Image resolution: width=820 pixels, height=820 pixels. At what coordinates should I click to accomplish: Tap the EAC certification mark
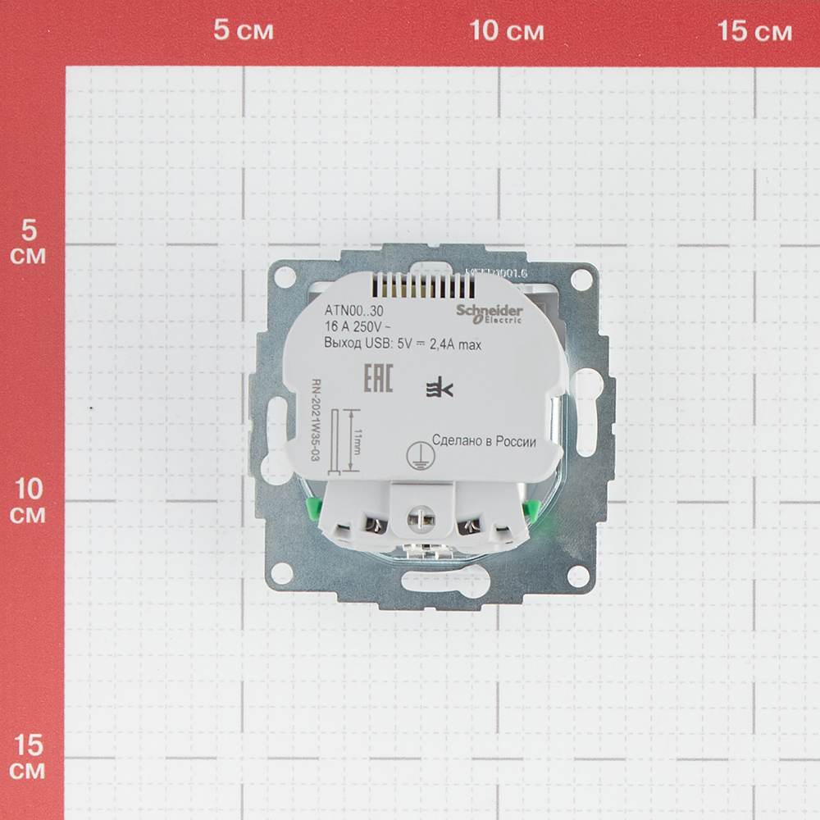[x=378, y=381]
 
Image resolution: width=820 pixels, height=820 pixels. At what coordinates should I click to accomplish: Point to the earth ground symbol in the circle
[x=420, y=456]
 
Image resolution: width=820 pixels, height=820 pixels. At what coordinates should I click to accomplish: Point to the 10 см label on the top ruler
[x=507, y=32]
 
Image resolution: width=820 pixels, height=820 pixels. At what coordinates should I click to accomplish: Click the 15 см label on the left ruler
[x=30, y=758]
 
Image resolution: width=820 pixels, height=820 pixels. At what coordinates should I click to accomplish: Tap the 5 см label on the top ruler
[x=243, y=32]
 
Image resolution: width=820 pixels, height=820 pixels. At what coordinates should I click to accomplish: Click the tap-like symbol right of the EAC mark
[x=435, y=390]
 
